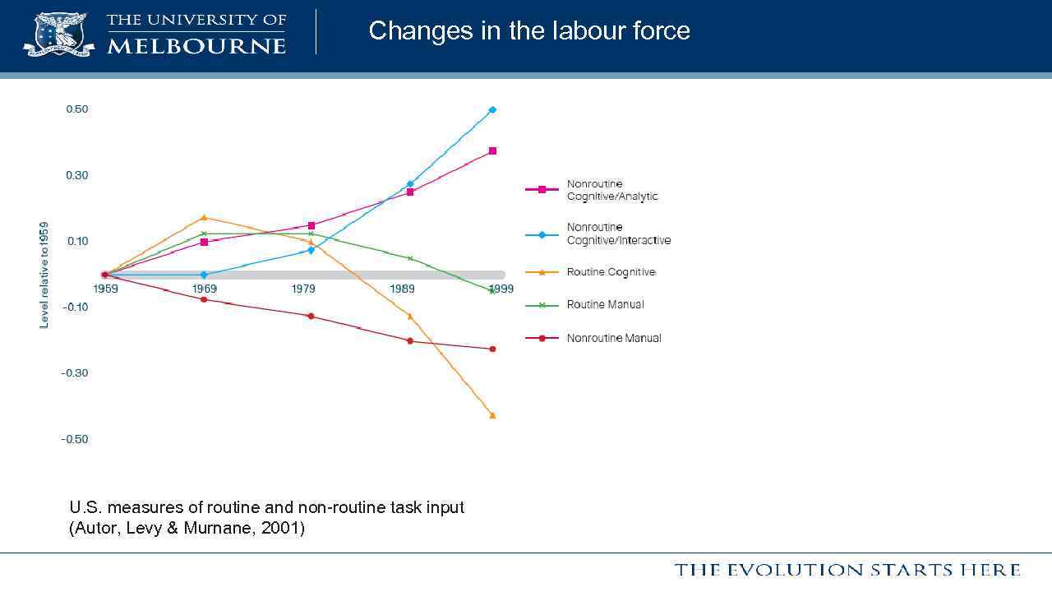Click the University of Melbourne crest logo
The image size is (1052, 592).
click(x=58, y=34)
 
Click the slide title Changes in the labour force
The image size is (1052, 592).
click(x=529, y=31)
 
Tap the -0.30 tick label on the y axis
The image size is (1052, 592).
click(x=74, y=373)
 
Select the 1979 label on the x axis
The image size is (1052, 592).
click(x=303, y=289)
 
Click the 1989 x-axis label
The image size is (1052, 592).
click(x=402, y=289)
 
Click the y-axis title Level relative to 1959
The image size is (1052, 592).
click(x=44, y=275)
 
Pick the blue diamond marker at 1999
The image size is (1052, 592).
click(x=492, y=109)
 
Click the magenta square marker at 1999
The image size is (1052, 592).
click(x=492, y=151)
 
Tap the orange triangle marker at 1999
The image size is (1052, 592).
click(x=492, y=415)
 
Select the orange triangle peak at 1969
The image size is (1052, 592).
click(x=204, y=217)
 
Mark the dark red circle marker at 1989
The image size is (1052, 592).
click(x=410, y=340)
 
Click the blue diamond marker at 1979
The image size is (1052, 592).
click(x=311, y=250)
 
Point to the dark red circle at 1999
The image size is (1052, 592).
click(x=492, y=349)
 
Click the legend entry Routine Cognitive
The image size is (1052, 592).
click(x=611, y=272)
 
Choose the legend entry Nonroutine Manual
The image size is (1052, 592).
click(x=613, y=338)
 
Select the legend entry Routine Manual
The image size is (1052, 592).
click(x=605, y=305)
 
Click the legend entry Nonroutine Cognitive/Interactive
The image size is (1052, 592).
click(x=618, y=234)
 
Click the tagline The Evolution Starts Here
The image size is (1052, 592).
click(x=847, y=570)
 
